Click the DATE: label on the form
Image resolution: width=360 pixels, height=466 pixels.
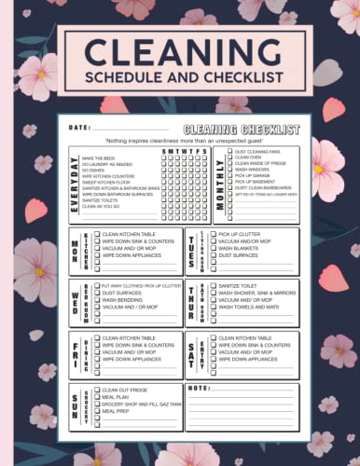(79, 127)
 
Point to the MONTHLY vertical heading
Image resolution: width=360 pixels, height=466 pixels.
(220, 176)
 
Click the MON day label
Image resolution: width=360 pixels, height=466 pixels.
(74, 250)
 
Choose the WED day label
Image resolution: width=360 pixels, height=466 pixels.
(74, 302)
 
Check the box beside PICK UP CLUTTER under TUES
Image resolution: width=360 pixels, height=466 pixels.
(214, 234)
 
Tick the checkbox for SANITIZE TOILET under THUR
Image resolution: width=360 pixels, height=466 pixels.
(214, 286)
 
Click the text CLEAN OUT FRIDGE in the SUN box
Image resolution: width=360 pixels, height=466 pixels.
(125, 389)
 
